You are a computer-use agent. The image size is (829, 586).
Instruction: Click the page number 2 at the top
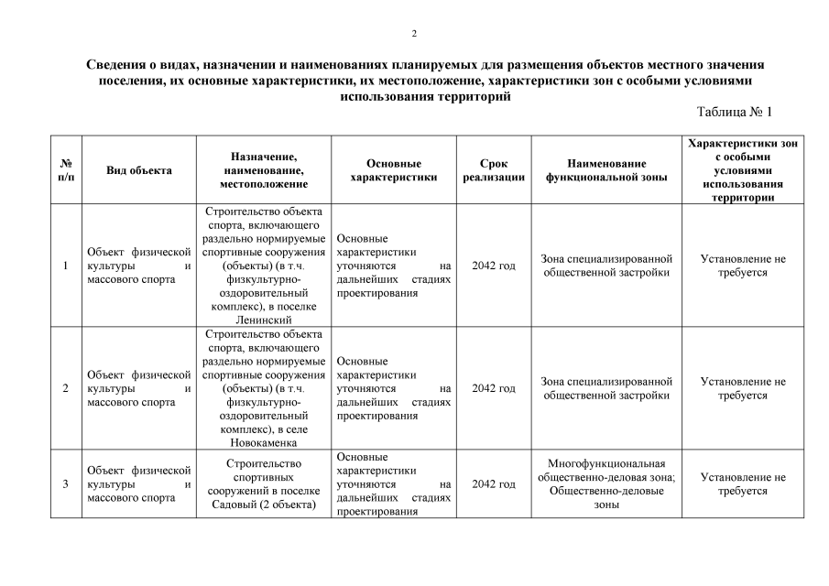(414, 34)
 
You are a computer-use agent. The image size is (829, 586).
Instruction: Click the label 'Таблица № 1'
(735, 112)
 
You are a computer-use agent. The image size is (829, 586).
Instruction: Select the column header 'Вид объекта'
(138, 170)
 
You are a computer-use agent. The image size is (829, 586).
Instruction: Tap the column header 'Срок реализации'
(493, 170)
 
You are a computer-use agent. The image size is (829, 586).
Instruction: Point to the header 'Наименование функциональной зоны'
(606, 170)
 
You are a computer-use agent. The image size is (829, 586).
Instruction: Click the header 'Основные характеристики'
(394, 170)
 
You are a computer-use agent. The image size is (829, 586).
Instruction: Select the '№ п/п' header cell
(65, 170)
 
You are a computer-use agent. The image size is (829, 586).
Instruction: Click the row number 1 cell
(65, 266)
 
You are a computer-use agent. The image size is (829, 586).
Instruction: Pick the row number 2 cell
(65, 388)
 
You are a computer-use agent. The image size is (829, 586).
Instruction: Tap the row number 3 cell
(65, 483)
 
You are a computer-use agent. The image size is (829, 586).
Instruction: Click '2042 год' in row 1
(493, 266)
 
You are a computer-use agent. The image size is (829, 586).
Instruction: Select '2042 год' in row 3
(493, 483)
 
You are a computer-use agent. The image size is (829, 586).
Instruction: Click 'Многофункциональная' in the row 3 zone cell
(606, 463)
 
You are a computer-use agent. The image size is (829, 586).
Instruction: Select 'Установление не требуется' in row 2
(742, 388)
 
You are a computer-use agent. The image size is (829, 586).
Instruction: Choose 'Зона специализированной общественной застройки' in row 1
(606, 266)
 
